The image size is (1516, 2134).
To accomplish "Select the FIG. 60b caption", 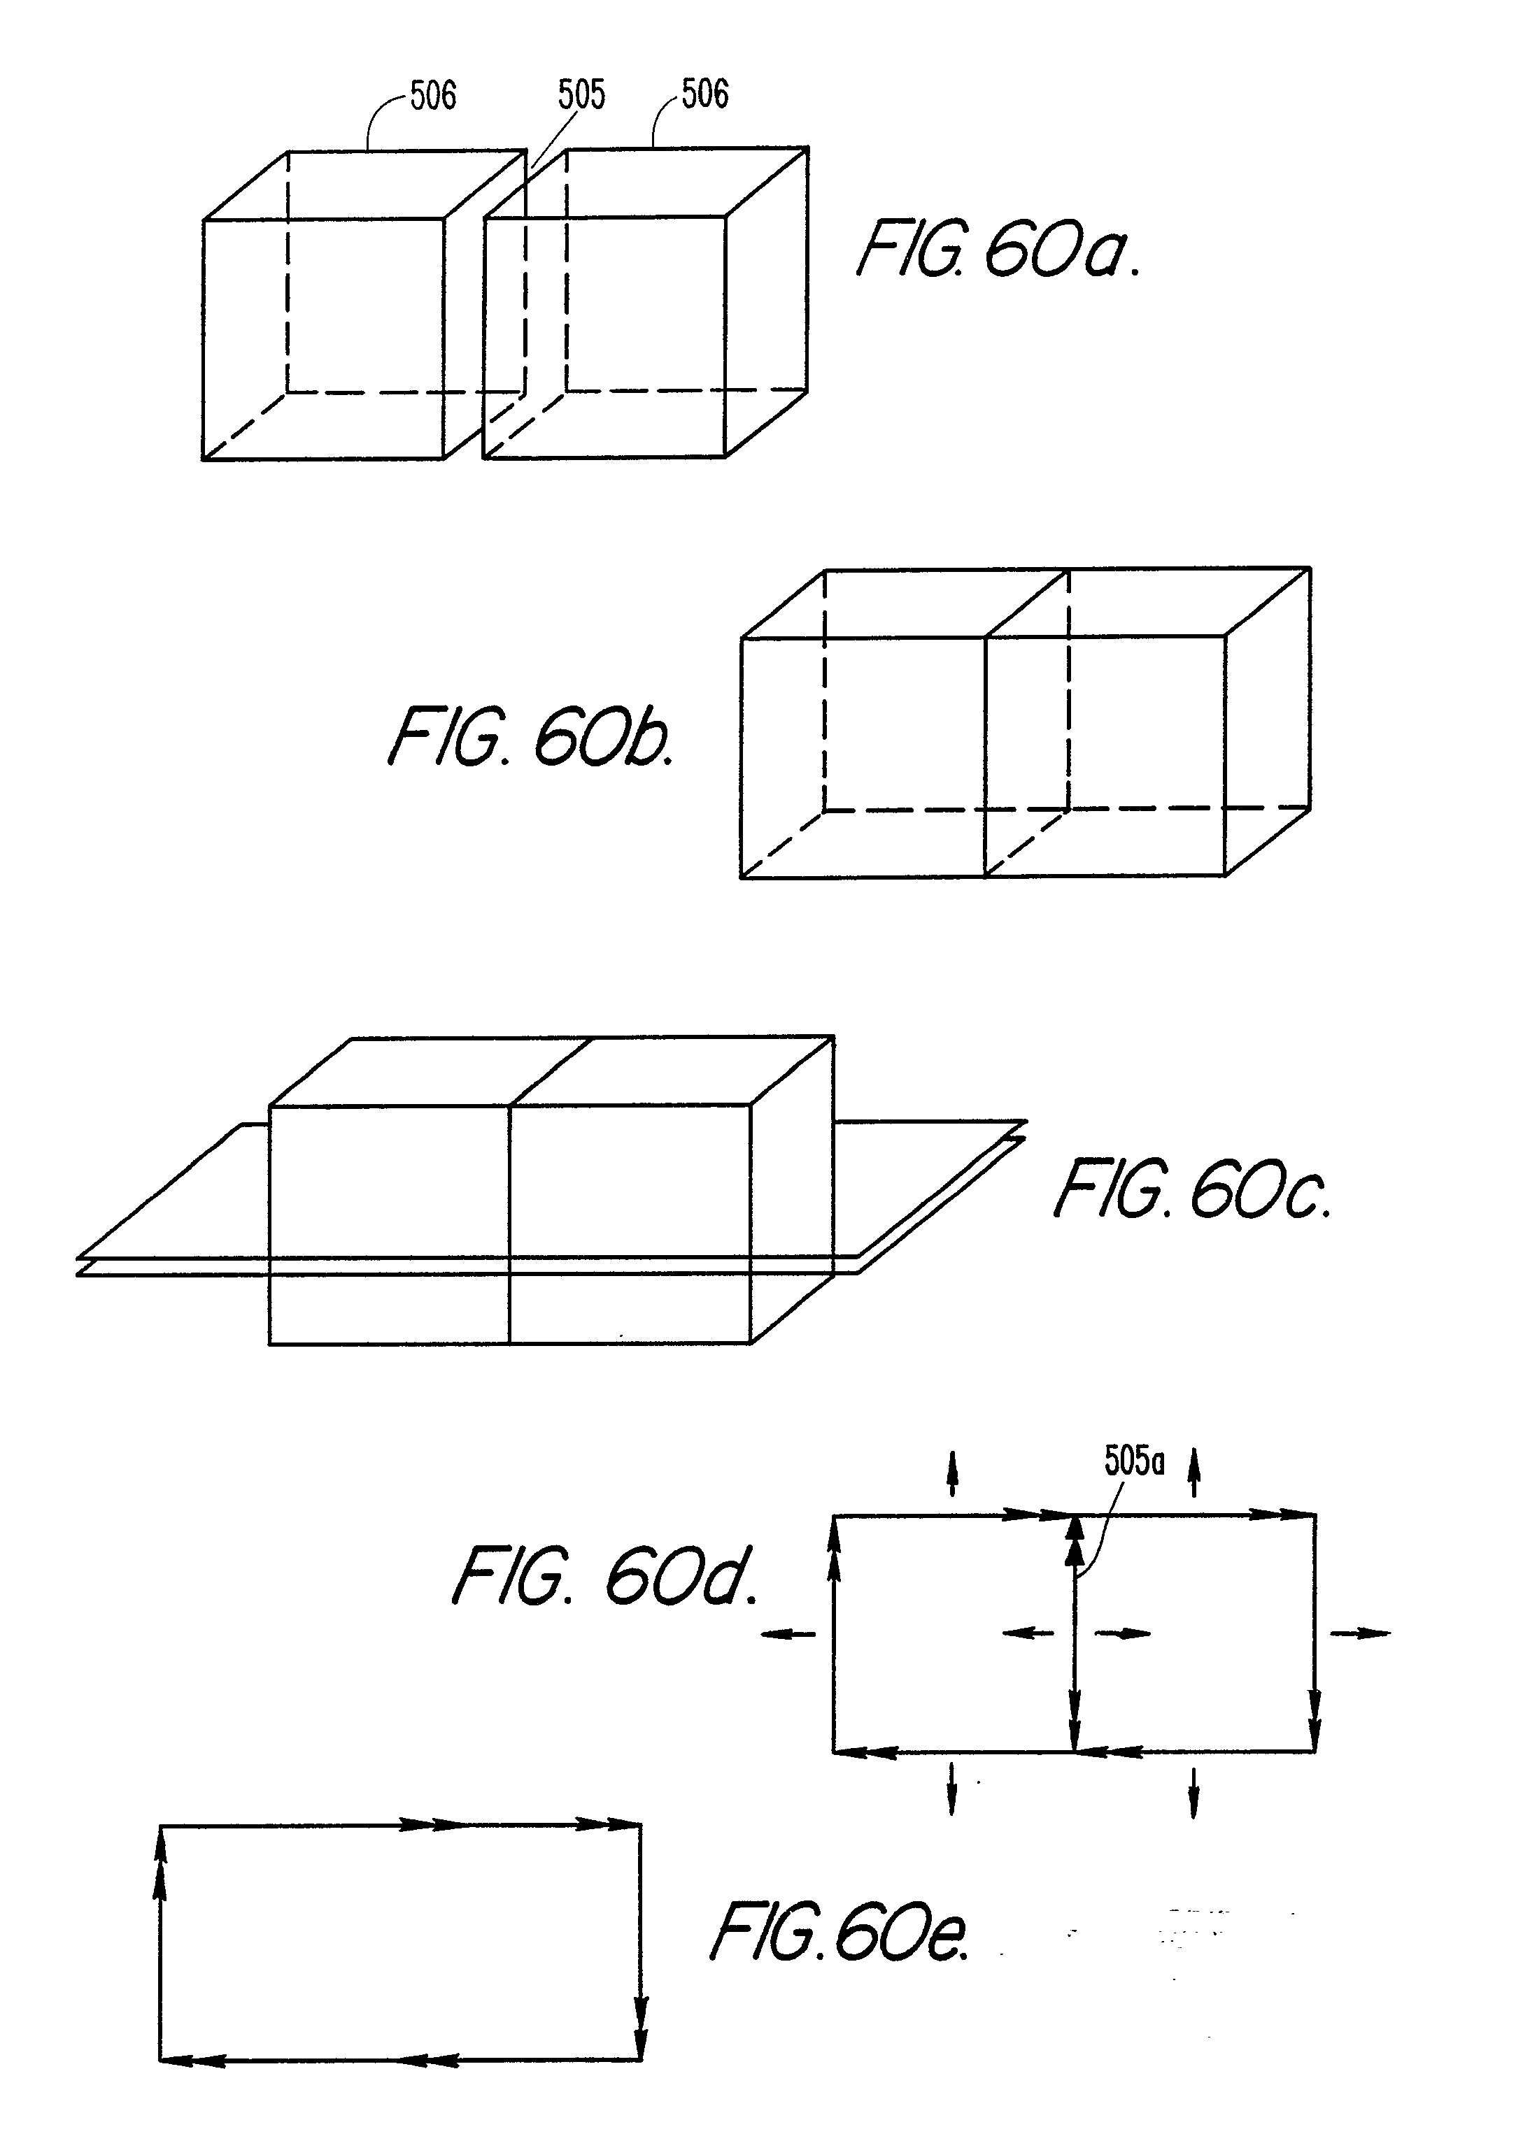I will (530, 736).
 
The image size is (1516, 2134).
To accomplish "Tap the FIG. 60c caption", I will (1192, 1189).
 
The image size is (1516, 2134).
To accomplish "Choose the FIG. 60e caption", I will (840, 1931).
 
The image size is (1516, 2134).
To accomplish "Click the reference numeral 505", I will (581, 95).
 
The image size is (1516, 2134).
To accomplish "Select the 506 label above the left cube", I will (433, 95).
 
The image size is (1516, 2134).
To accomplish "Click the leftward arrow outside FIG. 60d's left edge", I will (789, 1633).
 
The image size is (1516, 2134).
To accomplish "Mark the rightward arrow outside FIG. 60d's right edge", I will (1359, 1633).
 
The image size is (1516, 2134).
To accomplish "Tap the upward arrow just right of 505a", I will (1193, 1472).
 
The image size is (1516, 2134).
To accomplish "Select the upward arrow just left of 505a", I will (952, 1473).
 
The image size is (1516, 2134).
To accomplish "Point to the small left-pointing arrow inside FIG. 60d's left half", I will (1027, 1633).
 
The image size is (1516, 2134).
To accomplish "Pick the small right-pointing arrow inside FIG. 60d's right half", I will (1122, 1633).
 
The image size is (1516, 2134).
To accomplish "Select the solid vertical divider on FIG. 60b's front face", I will (986, 757).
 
